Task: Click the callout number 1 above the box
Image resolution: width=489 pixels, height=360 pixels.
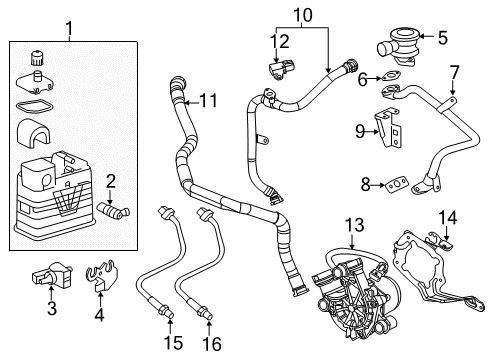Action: [68, 25]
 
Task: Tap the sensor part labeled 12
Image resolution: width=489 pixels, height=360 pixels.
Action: [284, 72]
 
